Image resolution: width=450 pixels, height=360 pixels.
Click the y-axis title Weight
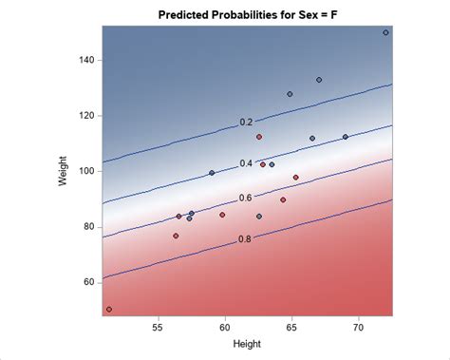64,170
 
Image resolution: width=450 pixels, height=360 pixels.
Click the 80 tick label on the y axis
87,226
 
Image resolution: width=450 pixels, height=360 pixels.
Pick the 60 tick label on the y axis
87,282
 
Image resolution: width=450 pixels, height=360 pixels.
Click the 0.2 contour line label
246,123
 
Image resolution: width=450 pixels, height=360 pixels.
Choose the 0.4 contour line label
246,163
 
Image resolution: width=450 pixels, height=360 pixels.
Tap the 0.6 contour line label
246,198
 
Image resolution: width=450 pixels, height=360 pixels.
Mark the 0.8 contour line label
245,239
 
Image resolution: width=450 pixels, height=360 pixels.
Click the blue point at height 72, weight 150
385,32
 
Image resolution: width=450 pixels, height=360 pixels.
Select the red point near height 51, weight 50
109,309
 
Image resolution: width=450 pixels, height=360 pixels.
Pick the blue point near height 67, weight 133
319,80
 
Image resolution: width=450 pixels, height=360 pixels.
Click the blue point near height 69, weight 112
346,137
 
